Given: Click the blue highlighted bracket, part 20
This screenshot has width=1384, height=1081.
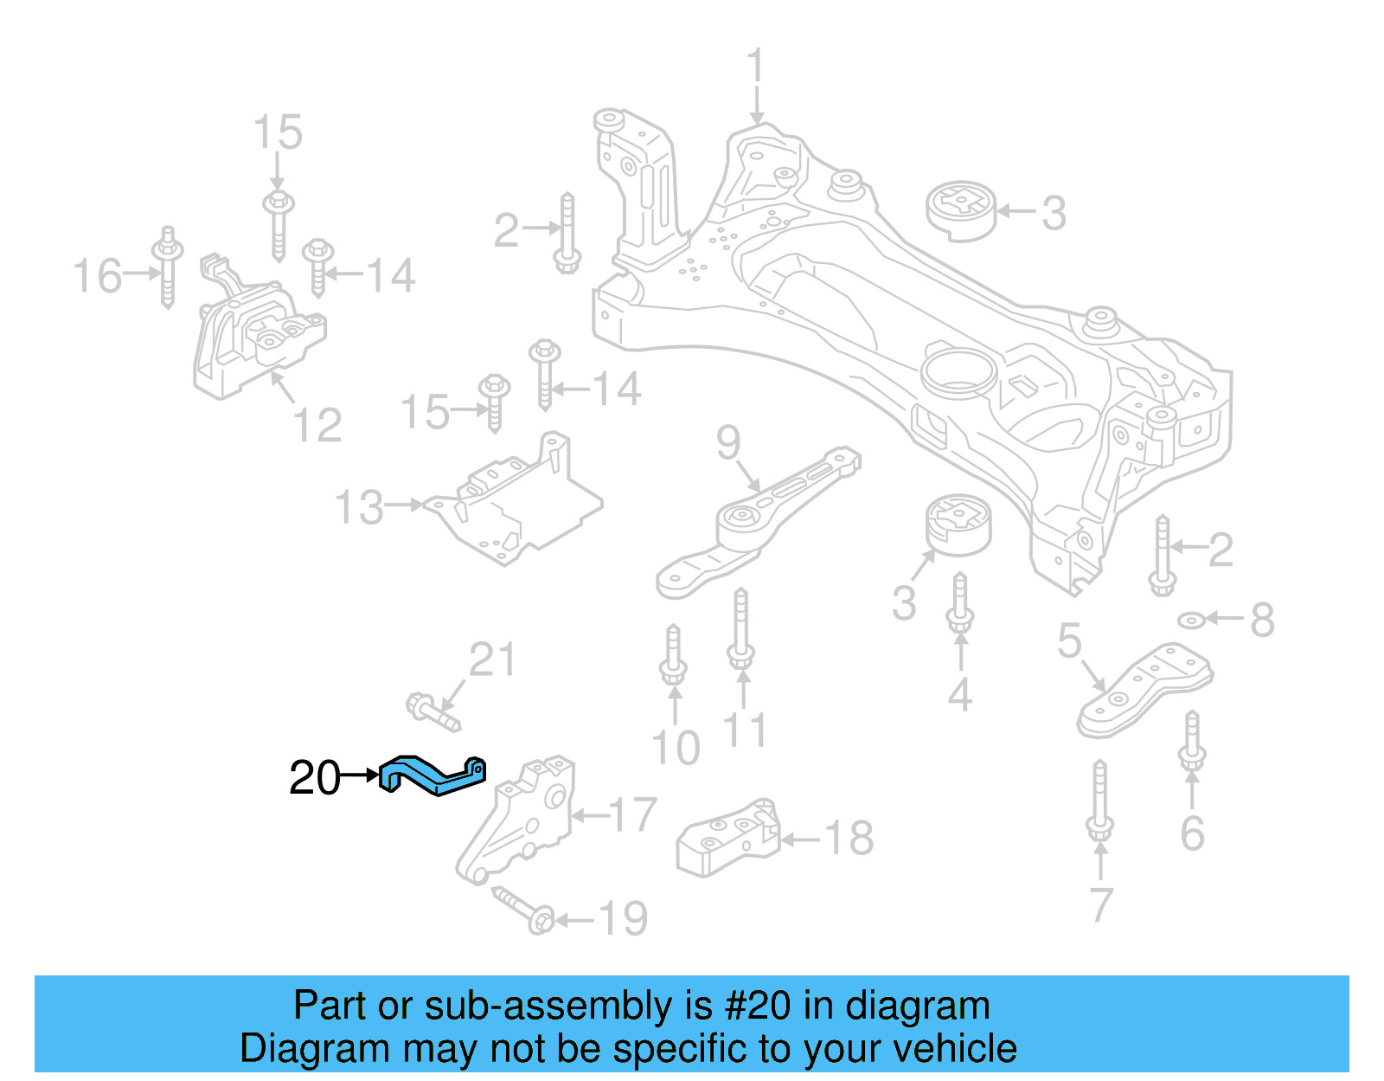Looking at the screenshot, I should [432, 775].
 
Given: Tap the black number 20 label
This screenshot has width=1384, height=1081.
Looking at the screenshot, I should [315, 777].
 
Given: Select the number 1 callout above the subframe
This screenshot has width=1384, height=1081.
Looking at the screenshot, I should [756, 67].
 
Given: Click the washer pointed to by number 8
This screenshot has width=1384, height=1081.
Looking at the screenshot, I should [1191, 620].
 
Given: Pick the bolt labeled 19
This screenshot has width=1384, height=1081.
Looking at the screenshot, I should [523, 909].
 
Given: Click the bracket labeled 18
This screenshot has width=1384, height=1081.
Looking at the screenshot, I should [728, 837].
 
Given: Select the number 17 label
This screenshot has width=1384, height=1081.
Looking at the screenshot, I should [632, 814].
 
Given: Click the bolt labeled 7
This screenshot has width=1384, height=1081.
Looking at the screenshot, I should [1099, 801].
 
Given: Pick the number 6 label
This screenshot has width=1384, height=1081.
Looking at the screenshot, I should [1192, 833].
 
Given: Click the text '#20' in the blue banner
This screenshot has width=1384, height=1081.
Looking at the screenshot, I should [757, 1006].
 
